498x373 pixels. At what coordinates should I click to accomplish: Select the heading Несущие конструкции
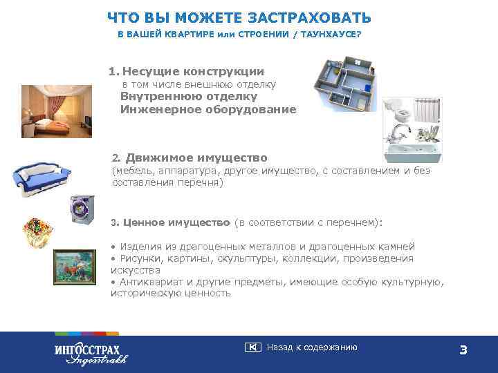[x=193, y=71]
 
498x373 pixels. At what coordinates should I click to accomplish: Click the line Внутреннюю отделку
[x=189, y=97]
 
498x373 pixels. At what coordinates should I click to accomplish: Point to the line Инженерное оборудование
[x=208, y=109]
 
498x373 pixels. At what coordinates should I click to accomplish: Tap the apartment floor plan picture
[x=344, y=84]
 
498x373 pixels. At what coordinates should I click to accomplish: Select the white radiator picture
[x=429, y=111]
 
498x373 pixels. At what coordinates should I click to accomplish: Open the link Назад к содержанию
[x=311, y=347]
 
